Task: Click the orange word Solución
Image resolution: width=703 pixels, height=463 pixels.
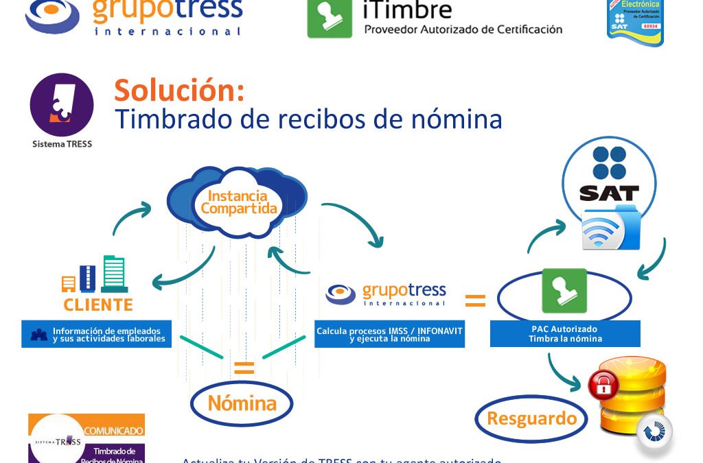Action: point(178,90)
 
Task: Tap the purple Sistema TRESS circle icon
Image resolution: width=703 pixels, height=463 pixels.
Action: point(62,105)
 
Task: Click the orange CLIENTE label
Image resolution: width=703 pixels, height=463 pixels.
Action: point(98,305)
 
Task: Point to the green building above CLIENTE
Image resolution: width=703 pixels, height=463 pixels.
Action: point(115,274)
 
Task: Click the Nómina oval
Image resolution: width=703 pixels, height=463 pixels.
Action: point(242,403)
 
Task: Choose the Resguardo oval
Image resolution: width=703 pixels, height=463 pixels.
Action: point(531,418)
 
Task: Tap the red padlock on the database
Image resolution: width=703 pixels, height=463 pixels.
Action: point(603,385)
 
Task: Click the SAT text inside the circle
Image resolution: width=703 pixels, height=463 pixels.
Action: point(609,193)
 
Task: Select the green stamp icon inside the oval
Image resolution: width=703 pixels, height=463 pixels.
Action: point(564,291)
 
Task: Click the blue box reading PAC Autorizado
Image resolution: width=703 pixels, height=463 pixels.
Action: point(565,333)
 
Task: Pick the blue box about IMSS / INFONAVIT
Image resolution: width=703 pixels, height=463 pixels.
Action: point(389,334)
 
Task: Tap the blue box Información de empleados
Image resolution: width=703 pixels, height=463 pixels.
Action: point(97,334)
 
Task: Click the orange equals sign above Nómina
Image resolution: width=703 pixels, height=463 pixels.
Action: point(244,368)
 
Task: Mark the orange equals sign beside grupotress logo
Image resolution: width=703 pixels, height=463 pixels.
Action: point(475,300)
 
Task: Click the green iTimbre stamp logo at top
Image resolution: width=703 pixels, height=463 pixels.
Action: point(330,19)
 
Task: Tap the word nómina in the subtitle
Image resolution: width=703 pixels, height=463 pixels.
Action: point(454,119)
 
